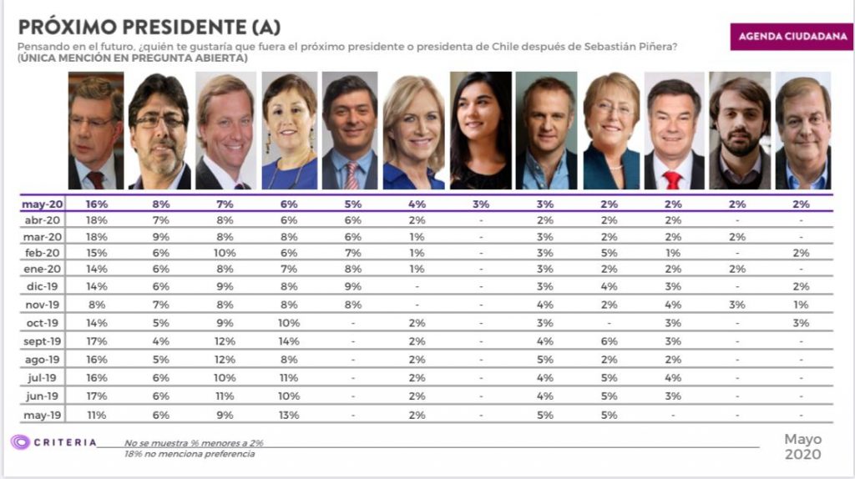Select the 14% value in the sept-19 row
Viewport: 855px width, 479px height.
click(x=287, y=340)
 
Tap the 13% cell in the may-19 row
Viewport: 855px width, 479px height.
click(x=287, y=414)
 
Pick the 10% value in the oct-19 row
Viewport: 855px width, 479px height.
click(x=287, y=322)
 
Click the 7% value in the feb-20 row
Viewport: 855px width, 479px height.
click(x=352, y=252)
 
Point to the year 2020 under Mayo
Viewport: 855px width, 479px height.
click(x=802, y=455)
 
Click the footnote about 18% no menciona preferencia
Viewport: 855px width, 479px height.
click(x=190, y=454)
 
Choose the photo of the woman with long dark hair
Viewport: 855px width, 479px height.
click(x=480, y=130)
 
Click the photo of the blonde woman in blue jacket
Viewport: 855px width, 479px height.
click(x=413, y=132)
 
